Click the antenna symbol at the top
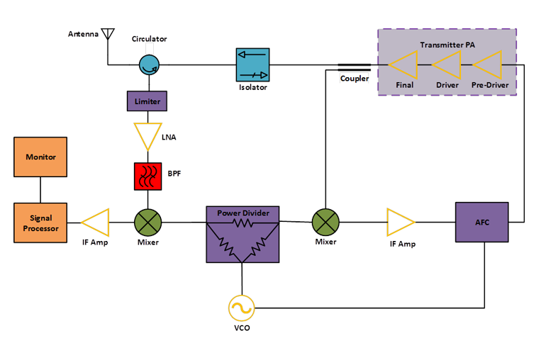tap(107, 34)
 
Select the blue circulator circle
tap(148, 66)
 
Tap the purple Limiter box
tap(147, 101)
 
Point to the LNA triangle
tap(147, 135)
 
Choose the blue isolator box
tap(252, 65)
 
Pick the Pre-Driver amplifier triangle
tap(486, 66)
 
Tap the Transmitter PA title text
tap(447, 45)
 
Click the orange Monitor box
tap(40, 157)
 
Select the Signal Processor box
tap(40, 223)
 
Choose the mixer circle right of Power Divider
tap(325, 223)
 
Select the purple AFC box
tap(482, 223)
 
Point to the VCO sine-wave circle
tap(241, 308)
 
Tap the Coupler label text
tap(354, 79)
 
